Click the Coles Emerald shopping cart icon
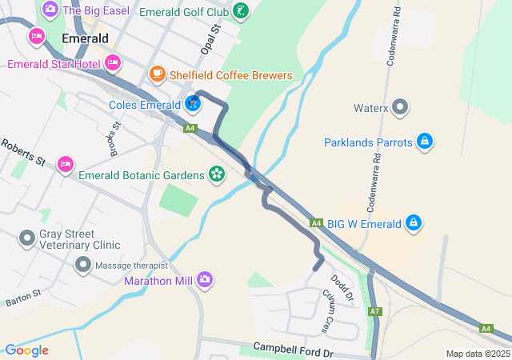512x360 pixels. point(193,104)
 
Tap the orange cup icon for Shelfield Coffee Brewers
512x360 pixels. point(157,75)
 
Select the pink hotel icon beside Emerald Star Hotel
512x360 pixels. point(113,62)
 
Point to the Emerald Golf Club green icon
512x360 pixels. point(240,12)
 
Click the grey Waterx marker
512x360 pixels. point(402,107)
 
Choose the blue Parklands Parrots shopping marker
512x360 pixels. point(425,142)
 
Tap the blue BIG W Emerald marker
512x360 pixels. point(414,222)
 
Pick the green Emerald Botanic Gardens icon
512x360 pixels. point(216,173)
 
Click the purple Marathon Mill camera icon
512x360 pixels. point(206,279)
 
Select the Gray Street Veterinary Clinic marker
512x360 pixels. point(28,238)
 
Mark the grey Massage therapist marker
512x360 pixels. point(82,265)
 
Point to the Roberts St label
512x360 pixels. point(22,154)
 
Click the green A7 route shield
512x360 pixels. point(374,310)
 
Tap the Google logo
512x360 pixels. point(26,350)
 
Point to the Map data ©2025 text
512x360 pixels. point(478,354)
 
